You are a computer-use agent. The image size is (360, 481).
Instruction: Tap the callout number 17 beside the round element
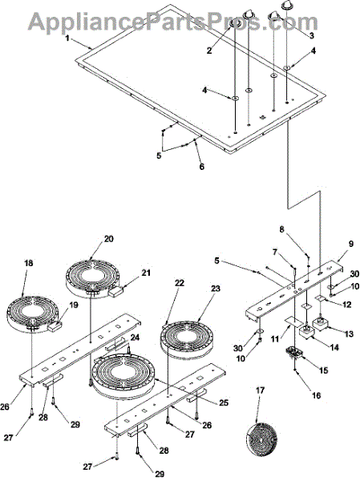261,390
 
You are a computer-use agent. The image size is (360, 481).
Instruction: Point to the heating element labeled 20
91,278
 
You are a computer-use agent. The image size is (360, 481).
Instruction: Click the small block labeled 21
115,291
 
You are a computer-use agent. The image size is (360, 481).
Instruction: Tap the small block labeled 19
55,325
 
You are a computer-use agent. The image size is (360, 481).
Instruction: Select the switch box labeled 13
320,325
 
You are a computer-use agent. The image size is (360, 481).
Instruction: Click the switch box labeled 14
306,332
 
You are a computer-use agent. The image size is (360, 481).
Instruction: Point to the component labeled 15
294,353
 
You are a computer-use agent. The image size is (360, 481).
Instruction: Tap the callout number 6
201,167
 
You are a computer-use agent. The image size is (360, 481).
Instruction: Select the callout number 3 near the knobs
312,36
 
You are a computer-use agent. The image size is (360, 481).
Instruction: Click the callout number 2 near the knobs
209,51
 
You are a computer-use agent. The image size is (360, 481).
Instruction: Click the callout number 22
180,283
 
